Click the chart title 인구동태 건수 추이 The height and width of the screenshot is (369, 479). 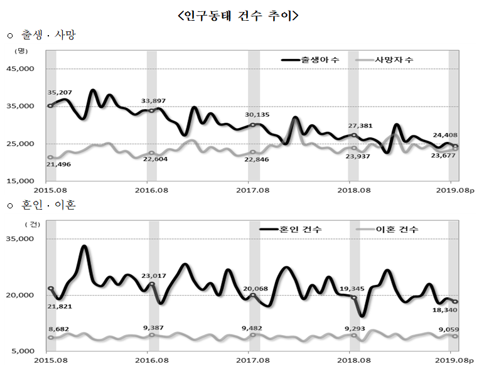[x=239, y=16]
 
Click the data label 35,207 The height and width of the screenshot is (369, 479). [x=60, y=92]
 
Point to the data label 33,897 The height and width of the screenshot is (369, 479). [x=154, y=100]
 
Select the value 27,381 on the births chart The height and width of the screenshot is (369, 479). [x=352, y=126]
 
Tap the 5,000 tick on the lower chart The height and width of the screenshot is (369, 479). [x=27, y=351]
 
